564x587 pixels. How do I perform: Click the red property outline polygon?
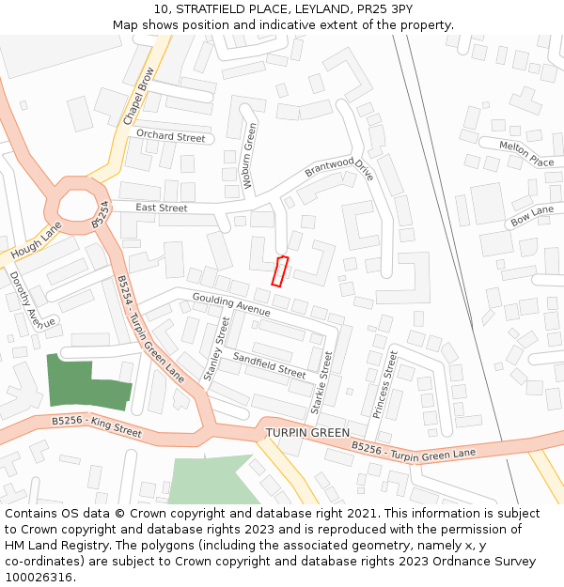279,270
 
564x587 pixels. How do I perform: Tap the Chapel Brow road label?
138,96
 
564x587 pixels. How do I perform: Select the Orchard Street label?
170,136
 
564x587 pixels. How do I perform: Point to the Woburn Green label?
250,155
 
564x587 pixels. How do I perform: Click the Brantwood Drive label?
338,168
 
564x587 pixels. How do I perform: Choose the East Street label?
162,208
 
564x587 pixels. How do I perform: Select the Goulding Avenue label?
231,303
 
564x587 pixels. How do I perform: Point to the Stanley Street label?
217,348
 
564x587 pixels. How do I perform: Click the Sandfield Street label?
269,365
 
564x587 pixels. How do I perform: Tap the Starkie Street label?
321,383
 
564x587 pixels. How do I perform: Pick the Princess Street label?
385,383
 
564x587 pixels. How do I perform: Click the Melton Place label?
526,154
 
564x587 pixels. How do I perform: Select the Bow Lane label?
532,216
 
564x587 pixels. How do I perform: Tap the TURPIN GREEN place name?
307,432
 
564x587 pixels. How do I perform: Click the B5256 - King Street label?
96,427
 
